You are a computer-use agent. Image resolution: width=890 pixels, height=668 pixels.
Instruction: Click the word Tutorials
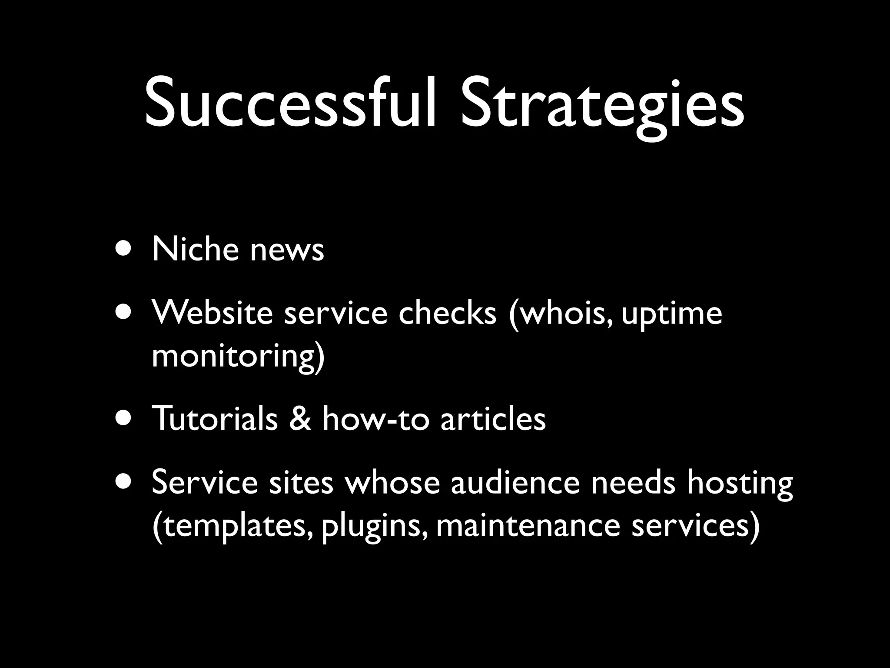(215, 418)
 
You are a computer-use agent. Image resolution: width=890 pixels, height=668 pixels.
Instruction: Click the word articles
(493, 418)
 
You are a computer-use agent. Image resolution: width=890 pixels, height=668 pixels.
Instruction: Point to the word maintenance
(528, 525)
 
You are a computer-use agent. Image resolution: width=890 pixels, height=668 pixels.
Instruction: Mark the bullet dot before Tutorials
(123, 418)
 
